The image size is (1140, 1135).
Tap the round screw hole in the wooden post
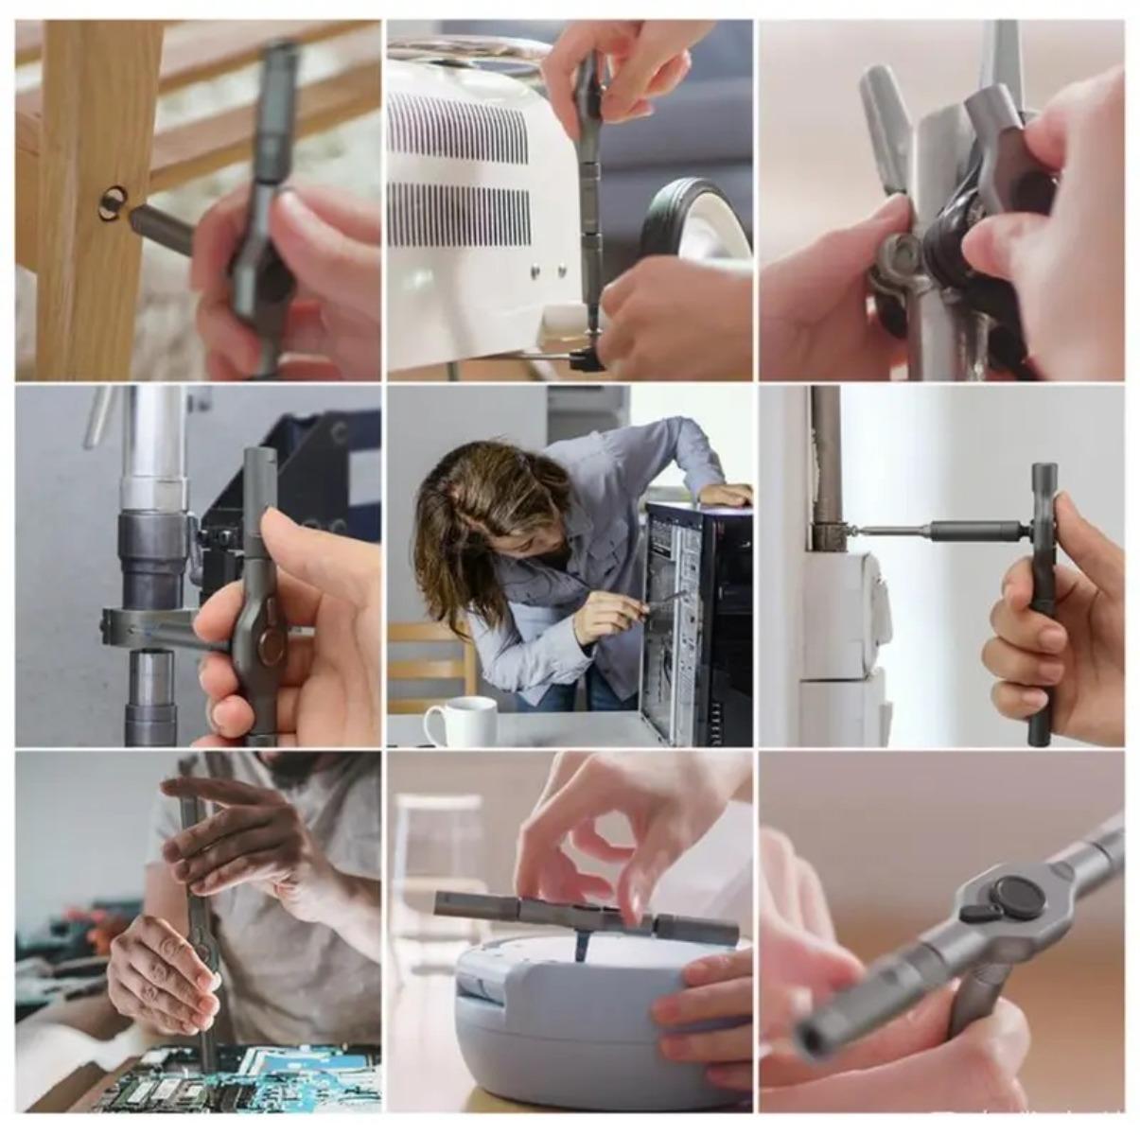point(112,202)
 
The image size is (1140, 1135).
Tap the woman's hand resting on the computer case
point(724,494)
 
